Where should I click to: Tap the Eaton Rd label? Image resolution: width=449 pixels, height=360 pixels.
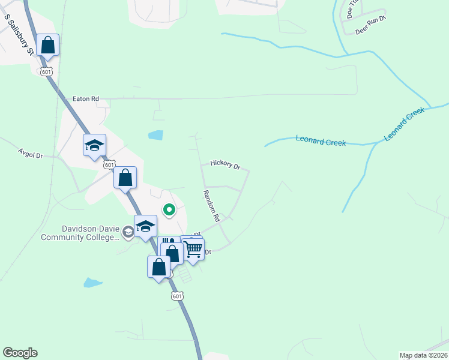[x=85, y=98]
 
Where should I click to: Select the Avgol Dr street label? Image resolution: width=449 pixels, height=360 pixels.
[x=31, y=155]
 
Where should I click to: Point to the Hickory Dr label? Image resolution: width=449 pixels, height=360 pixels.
[x=225, y=164]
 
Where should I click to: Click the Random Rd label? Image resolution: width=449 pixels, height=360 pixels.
[x=212, y=206]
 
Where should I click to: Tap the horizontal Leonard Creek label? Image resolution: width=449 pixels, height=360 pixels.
[x=321, y=142]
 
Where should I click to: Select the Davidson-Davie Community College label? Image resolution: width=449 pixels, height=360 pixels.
[x=80, y=233]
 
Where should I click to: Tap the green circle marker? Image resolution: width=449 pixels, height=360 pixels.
[x=169, y=209]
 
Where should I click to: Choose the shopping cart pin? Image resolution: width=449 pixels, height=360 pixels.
[x=193, y=248]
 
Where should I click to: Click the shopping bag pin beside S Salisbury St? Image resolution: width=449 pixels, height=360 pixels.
[x=48, y=45]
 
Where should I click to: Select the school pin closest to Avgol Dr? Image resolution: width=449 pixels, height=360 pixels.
[x=94, y=146]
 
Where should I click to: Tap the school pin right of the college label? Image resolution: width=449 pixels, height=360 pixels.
[x=145, y=227]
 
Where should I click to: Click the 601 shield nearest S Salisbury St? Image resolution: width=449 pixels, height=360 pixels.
[x=46, y=72]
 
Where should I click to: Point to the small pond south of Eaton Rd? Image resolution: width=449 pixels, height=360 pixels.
[x=155, y=135]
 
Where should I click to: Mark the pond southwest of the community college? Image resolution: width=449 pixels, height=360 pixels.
[x=92, y=282]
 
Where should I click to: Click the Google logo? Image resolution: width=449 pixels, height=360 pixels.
[x=20, y=353]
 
